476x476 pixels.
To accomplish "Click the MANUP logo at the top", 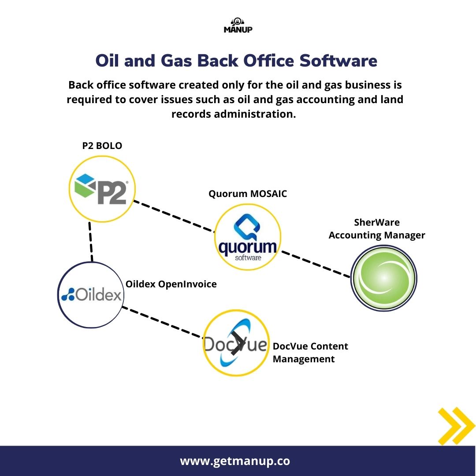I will [238, 26].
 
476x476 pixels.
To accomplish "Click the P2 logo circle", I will [102, 189].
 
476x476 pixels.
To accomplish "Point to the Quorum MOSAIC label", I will [248, 194].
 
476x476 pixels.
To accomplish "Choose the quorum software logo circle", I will [248, 237].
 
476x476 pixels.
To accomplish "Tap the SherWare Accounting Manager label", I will [377, 229].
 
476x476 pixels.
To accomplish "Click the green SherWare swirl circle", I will [383, 278].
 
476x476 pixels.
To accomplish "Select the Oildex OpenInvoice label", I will [171, 284].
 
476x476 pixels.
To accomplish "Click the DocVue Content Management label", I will [310, 353].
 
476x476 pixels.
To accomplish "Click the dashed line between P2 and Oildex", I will [91, 242].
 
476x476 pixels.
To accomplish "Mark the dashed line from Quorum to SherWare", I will [316, 264].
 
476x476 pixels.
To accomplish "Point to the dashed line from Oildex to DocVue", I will [162, 323].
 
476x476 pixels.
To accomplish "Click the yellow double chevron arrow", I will [455, 426].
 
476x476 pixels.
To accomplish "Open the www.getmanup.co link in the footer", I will [235, 461].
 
